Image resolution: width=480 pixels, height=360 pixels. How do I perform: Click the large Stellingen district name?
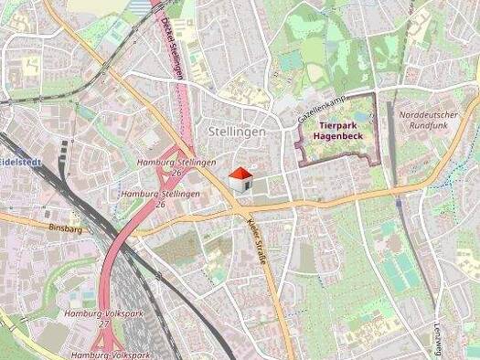pos(236,132)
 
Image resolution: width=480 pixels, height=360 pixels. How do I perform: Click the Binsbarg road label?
pos(65,229)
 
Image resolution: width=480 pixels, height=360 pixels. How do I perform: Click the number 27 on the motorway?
pos(103,323)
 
